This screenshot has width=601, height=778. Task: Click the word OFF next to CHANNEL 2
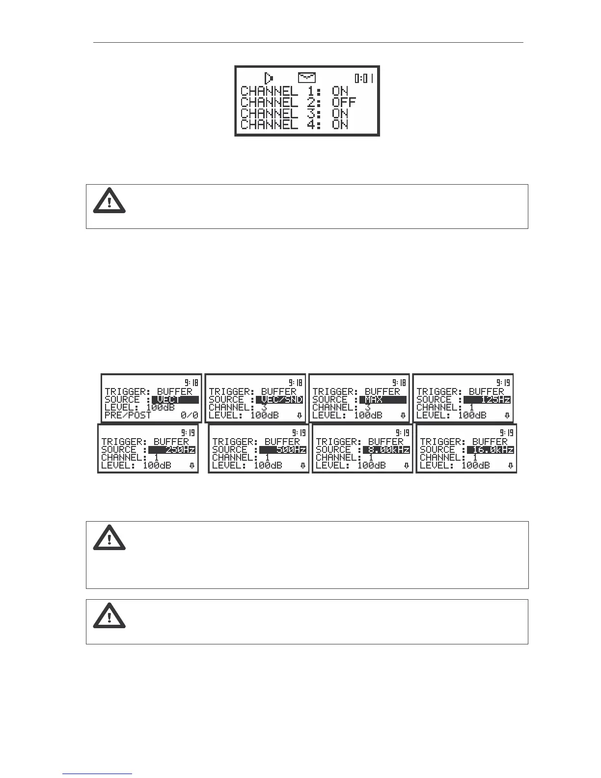coord(344,103)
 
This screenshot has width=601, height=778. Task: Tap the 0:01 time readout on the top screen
coord(364,78)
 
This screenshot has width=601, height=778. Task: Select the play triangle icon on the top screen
coord(269,78)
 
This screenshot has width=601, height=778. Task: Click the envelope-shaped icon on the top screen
coord(307,78)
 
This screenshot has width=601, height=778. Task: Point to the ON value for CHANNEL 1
coord(340,91)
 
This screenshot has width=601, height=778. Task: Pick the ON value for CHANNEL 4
coord(340,125)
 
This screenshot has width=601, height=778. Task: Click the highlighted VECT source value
coord(175,400)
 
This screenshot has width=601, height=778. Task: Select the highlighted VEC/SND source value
coord(279,400)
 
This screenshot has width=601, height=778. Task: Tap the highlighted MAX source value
coord(382,400)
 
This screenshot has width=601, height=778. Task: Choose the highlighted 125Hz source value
coord(487,400)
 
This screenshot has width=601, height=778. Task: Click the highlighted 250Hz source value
coord(172,449)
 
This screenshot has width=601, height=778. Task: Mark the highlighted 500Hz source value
coord(283,449)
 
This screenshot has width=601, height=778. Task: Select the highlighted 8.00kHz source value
coord(386,449)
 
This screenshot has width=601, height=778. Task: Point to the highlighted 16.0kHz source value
coord(491,449)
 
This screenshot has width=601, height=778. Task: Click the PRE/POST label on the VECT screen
coord(128,416)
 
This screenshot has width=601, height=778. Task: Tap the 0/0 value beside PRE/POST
coord(189,416)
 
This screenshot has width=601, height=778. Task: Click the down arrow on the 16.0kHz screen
coord(511,466)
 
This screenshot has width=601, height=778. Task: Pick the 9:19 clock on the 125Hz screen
coord(503,383)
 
